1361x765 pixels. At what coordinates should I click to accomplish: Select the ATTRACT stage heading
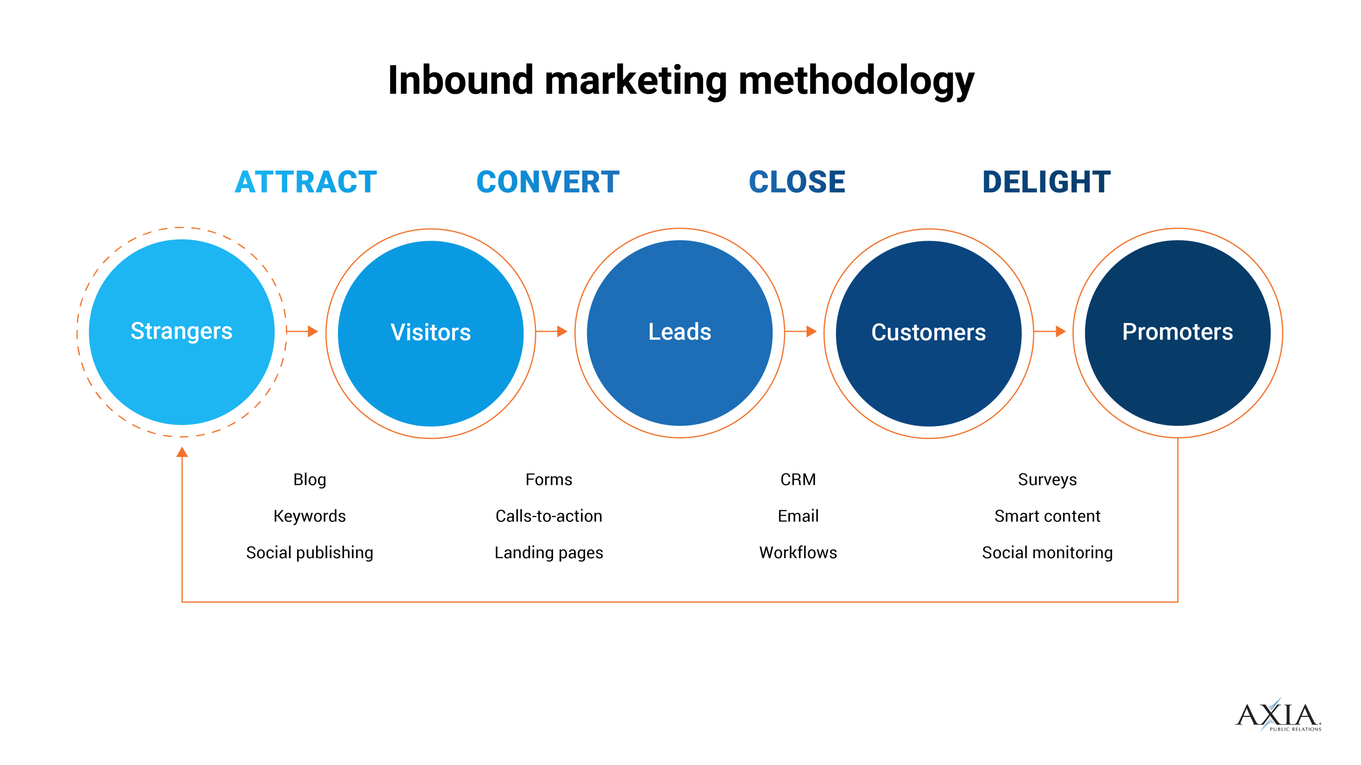point(306,182)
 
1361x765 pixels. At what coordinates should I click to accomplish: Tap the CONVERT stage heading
point(548,182)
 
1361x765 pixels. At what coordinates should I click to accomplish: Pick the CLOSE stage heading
point(797,182)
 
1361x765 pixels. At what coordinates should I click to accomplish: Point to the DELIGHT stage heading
point(1046,182)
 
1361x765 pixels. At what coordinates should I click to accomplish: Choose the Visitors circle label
point(431,332)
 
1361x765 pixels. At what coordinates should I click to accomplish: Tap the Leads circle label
point(680,331)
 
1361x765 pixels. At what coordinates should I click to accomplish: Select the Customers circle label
point(928,332)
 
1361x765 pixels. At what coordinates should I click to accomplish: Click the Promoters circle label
point(1177,331)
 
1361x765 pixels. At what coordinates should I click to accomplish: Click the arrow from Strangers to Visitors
point(303,331)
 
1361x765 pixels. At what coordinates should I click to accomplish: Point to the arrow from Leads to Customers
point(801,331)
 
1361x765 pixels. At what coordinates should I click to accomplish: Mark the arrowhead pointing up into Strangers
point(182,452)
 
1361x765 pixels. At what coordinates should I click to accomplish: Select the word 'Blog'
point(309,479)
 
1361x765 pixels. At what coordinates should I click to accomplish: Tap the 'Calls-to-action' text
point(548,516)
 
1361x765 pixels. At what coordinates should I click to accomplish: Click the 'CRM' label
point(798,479)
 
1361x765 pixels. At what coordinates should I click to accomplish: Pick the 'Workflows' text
point(798,552)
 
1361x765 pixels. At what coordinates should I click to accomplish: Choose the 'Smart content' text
point(1047,516)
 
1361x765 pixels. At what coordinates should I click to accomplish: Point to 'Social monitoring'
point(1047,552)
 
